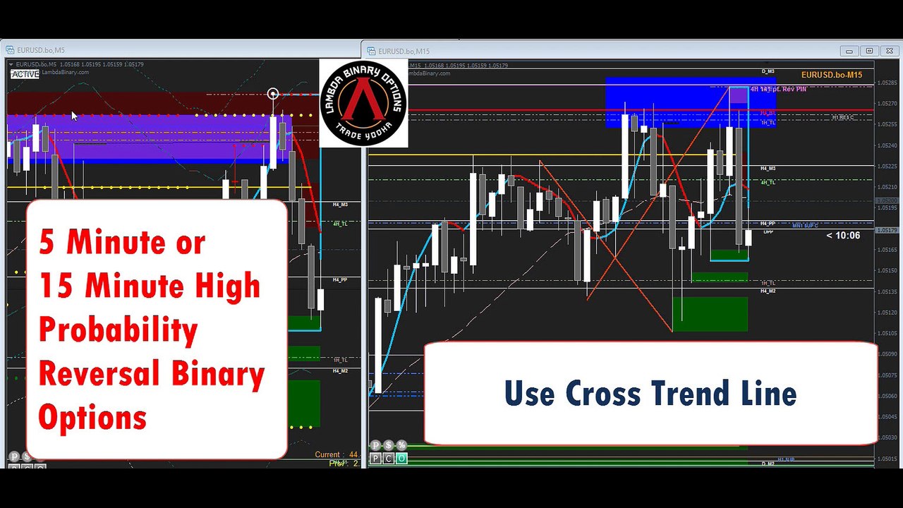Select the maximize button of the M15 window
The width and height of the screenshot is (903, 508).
[869, 51]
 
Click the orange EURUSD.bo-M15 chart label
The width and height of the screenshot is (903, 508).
[832, 75]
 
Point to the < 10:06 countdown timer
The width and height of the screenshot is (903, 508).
[843, 236]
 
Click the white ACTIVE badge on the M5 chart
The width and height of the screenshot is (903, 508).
[25, 73]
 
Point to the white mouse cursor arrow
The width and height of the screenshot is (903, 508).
[74, 116]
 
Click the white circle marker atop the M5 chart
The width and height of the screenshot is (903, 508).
[273, 94]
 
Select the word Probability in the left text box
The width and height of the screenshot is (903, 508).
[117, 330]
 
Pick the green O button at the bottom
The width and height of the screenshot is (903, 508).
[401, 459]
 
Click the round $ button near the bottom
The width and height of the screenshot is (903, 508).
[388, 445]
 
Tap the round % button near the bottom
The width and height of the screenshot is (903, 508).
[401, 445]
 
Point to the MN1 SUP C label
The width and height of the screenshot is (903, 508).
[804, 226]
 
